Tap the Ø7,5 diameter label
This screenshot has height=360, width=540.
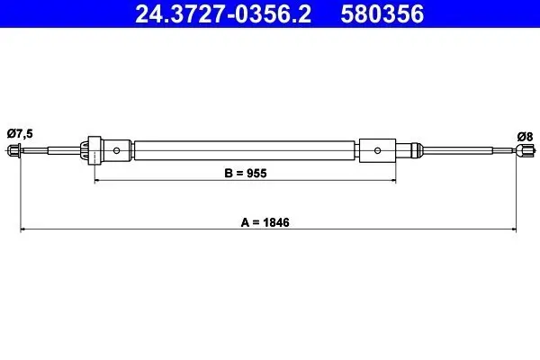tap(20, 133)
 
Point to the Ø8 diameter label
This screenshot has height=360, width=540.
tap(525, 136)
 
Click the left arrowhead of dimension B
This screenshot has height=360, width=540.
tap(97, 180)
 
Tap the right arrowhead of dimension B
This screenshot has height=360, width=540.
tap(393, 180)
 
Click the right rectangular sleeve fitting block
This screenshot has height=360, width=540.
tap(377, 150)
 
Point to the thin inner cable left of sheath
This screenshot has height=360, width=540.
tap(54, 149)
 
